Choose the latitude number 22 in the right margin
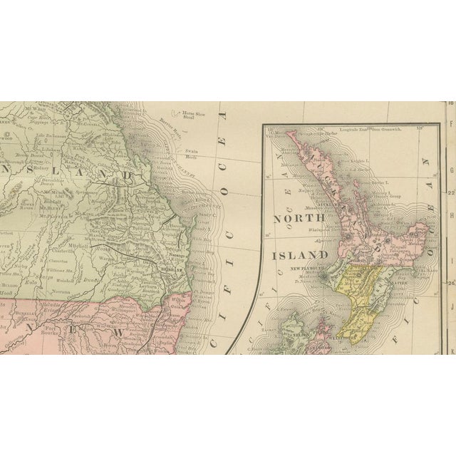point(450,192)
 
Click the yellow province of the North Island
point(356,292)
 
